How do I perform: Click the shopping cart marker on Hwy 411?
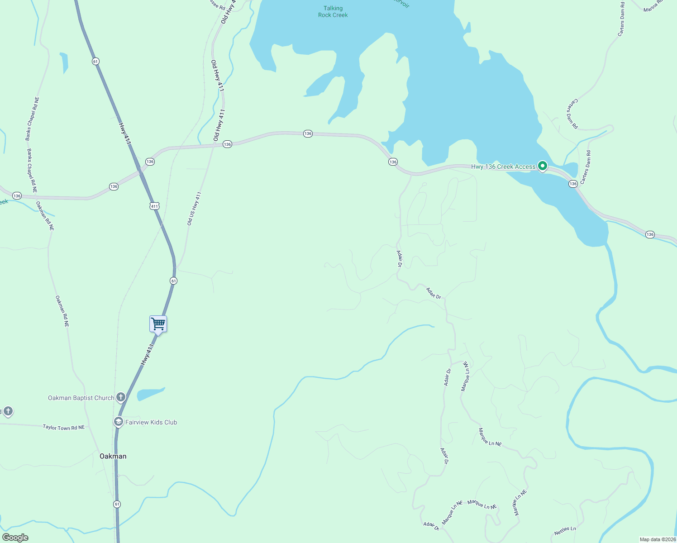158,324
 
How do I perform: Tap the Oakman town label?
113,456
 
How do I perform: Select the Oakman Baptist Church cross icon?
120,398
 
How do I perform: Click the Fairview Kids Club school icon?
118,422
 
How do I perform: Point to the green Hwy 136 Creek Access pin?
542,166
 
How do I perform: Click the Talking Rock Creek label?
333,12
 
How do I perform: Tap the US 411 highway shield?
154,206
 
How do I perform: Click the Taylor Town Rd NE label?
64,427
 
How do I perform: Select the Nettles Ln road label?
565,530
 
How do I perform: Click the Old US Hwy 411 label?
194,209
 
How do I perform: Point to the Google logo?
15,538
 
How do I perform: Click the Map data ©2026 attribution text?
657,539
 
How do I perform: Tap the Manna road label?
653,6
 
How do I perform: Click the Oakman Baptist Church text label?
81,398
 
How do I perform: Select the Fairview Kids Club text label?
151,423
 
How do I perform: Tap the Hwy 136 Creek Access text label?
503,167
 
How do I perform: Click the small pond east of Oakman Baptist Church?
150,394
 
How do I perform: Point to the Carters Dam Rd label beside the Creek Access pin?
586,167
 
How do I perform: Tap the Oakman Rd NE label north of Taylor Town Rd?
62,311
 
